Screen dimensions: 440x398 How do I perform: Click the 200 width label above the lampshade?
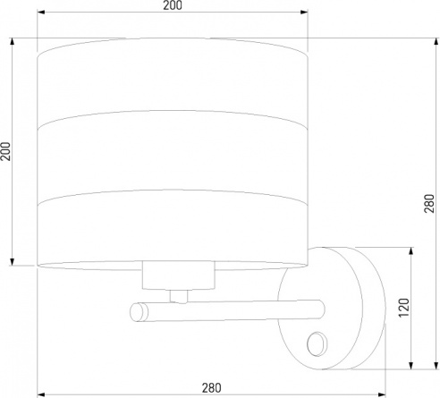point(173,5)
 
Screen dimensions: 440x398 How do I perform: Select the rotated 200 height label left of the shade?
point(5,151)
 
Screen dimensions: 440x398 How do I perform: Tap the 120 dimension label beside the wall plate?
point(404,308)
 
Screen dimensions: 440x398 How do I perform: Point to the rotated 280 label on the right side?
point(429,203)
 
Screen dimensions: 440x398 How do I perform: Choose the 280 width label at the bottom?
point(212,388)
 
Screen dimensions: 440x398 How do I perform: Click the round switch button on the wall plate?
point(317,343)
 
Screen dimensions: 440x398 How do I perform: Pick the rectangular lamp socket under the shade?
point(178,275)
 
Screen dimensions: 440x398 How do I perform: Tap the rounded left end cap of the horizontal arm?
point(139,312)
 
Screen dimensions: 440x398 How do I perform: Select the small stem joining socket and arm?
point(179,296)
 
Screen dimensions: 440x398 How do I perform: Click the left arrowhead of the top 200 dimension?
point(41,13)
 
